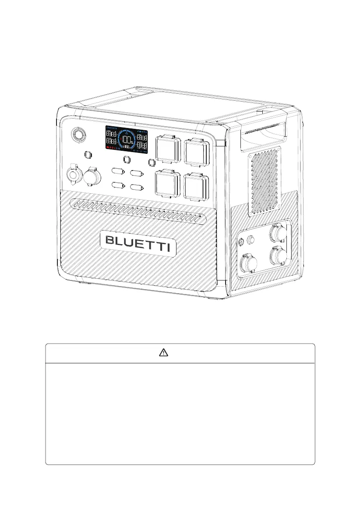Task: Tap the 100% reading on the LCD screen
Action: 127,140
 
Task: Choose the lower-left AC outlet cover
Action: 167,185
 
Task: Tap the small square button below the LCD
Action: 127,159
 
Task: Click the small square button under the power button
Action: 87,155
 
